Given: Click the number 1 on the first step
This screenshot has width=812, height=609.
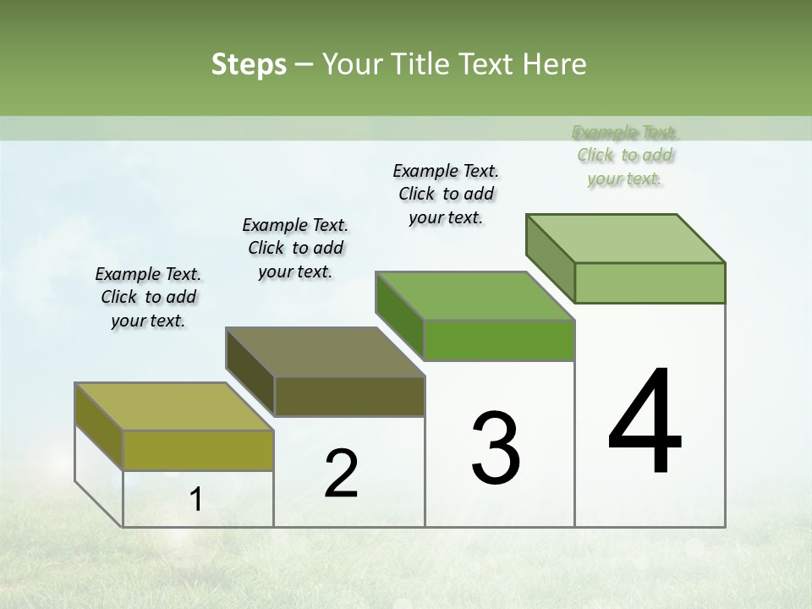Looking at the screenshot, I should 196,500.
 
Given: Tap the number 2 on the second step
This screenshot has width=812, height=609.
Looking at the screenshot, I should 341,473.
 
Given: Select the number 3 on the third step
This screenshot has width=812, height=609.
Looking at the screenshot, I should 496,448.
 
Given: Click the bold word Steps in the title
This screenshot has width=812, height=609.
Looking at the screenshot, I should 249,64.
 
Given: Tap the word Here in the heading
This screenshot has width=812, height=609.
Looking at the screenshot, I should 555,64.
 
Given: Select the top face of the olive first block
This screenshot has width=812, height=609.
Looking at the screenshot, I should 174,407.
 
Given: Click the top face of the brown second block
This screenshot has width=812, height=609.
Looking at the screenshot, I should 325,352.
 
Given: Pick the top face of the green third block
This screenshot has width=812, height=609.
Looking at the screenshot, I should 475,296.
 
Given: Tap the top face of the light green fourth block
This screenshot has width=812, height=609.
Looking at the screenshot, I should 626,239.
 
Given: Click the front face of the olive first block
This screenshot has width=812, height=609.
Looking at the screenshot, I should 198,450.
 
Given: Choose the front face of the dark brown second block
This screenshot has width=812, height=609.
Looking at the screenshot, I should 349,396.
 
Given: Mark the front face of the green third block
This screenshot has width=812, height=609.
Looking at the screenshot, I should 499,340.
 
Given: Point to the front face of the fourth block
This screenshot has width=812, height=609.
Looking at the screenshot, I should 650,283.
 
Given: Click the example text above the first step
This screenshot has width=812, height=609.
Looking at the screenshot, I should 148,297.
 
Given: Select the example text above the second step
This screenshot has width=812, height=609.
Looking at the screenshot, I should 295,248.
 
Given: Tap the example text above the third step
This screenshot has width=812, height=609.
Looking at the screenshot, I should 446,194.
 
